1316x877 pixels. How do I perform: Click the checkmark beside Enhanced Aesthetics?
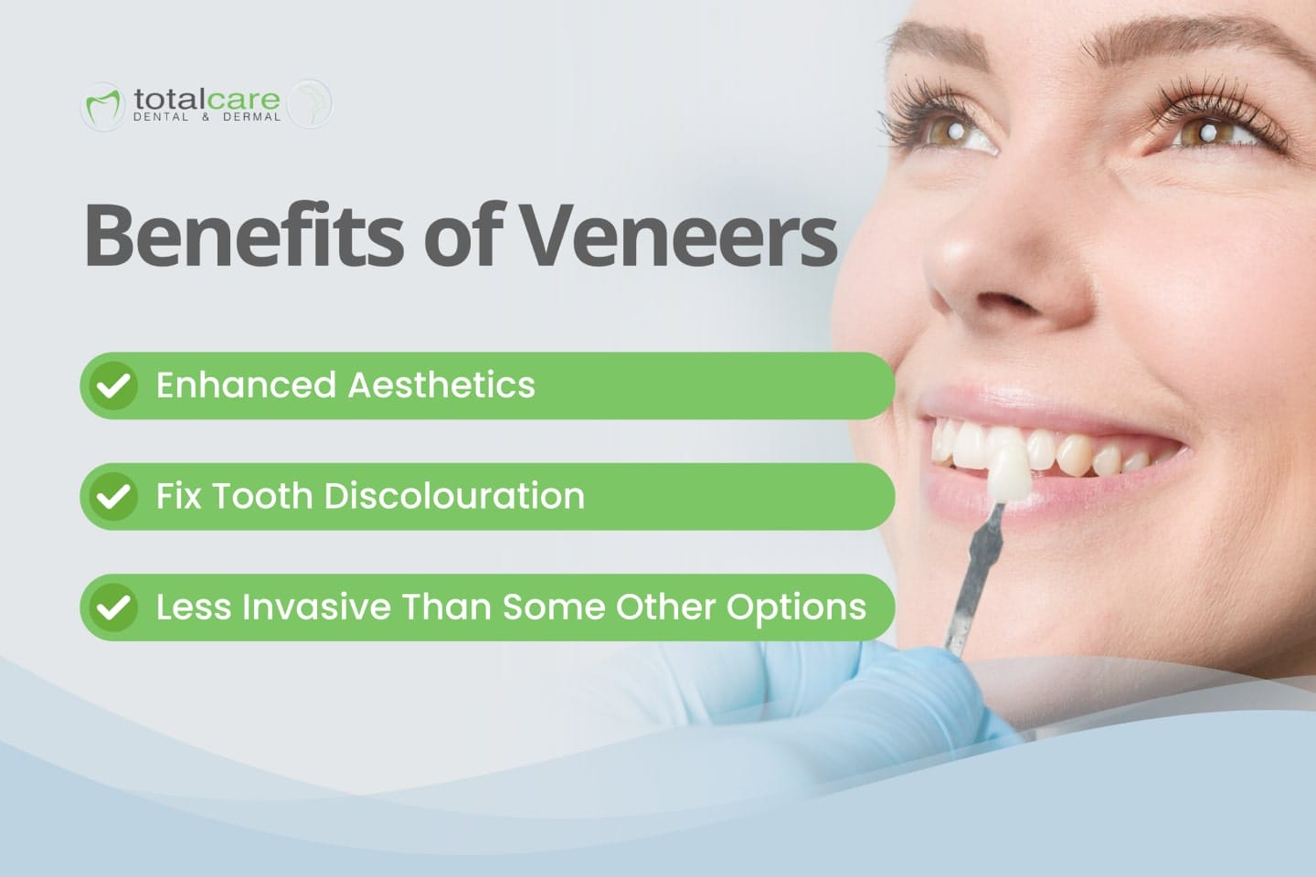tap(113, 386)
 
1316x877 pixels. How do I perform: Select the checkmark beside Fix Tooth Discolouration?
tap(113, 497)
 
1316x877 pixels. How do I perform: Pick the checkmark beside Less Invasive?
tap(113, 608)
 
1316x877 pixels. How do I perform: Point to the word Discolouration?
tap(454, 496)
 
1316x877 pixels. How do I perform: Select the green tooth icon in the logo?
tap(102, 106)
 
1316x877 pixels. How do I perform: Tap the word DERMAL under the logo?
tap(251, 118)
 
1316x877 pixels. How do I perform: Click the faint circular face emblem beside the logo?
tap(311, 103)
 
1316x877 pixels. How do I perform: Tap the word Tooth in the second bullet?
tap(261, 496)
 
